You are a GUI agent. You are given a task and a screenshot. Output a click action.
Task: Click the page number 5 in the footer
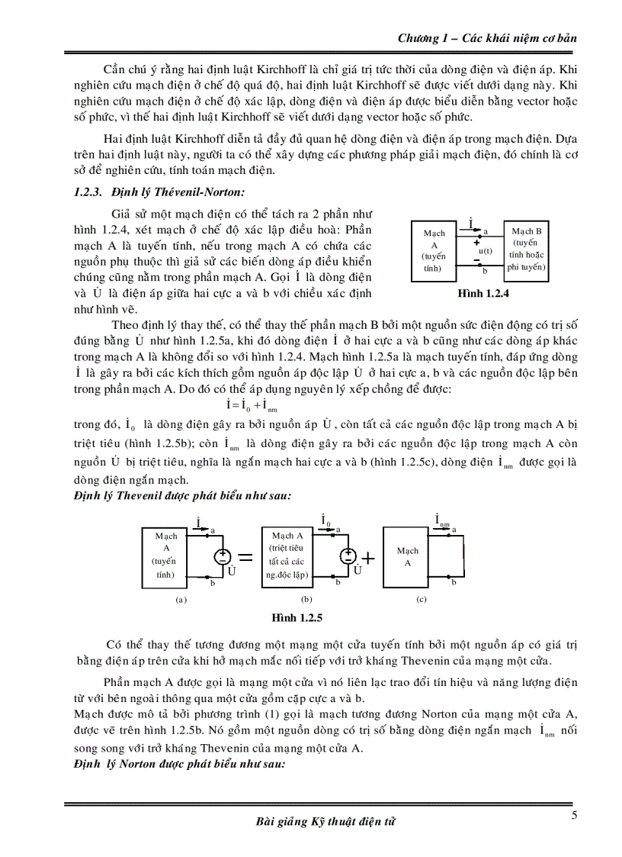tap(574, 816)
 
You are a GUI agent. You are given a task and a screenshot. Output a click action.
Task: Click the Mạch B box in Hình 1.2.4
tap(526, 250)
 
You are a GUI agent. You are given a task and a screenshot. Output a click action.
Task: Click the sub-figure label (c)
tap(421, 599)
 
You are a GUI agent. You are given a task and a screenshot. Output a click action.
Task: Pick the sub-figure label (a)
tap(181, 599)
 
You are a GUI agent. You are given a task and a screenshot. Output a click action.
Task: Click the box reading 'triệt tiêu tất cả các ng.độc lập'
tap(287, 555)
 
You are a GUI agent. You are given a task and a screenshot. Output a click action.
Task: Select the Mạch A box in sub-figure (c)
tap(408, 556)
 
